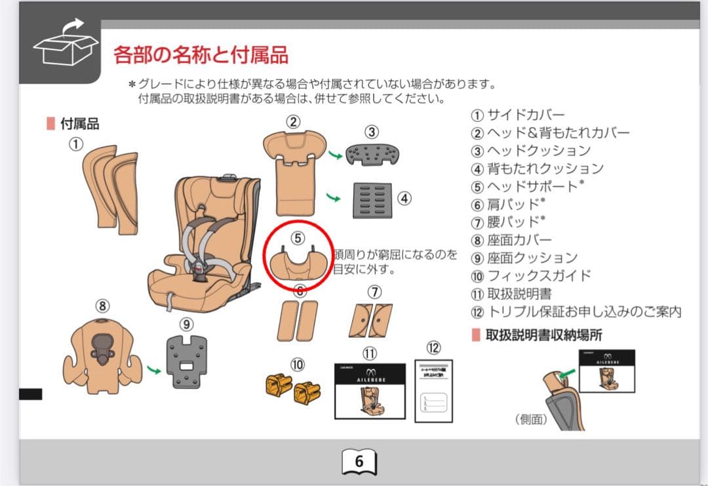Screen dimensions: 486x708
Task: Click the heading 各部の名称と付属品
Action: point(201,54)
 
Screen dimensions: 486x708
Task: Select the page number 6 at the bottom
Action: point(359,461)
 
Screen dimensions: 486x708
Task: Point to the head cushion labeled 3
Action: point(373,154)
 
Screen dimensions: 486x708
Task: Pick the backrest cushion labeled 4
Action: point(372,200)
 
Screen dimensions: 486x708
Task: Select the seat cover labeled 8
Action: point(102,354)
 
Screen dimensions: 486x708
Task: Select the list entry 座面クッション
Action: point(532,258)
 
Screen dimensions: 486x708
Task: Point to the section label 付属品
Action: point(79,123)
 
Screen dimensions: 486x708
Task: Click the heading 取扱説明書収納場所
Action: point(543,334)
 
